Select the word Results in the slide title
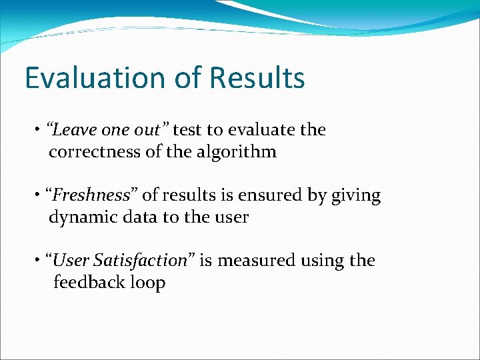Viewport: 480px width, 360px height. (x=257, y=78)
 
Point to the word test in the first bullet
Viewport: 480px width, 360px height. (x=187, y=129)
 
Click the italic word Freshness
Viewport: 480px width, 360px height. (x=91, y=195)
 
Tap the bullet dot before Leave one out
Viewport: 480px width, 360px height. (x=39, y=131)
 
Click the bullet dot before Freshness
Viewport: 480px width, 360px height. (x=39, y=196)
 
